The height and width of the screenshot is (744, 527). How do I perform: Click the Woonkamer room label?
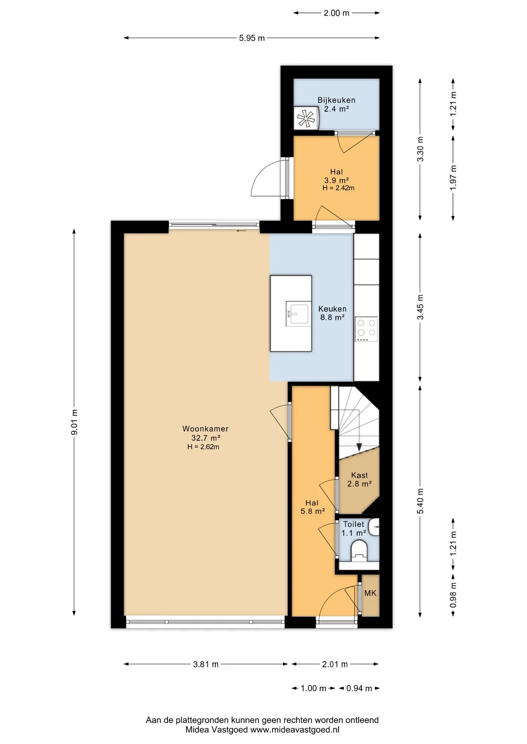[x=205, y=429]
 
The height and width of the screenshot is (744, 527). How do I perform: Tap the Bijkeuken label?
[x=336, y=100]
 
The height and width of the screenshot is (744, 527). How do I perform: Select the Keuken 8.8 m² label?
[x=332, y=313]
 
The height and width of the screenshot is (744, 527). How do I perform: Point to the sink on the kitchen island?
[x=298, y=313]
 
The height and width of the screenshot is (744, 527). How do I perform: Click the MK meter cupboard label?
[x=370, y=593]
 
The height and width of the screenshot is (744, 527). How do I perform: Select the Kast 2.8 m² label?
[x=359, y=479]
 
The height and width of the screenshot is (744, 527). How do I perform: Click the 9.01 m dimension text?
[x=75, y=422]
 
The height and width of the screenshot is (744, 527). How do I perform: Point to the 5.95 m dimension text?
[x=252, y=38]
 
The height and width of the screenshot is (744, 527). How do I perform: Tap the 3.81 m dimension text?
[x=206, y=664]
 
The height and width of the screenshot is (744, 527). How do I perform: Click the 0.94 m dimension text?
[x=359, y=688]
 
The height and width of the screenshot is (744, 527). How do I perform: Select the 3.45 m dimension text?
[x=420, y=307]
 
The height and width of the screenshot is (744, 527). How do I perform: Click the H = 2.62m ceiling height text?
[x=203, y=447]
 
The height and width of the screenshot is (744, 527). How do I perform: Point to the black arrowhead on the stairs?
[x=359, y=447]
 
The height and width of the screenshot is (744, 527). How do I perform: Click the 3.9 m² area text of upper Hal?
[x=336, y=180]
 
